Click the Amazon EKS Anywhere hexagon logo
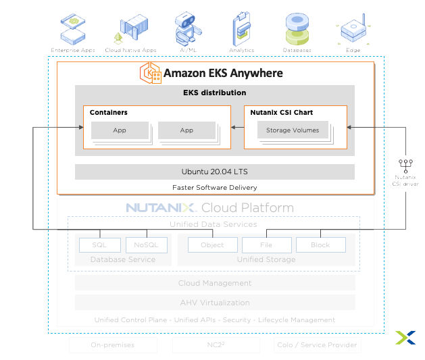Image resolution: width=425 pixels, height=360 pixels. tap(151, 73)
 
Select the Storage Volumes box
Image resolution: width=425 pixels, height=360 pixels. tap(293, 130)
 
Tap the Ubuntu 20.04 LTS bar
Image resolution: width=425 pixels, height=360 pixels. tap(214, 172)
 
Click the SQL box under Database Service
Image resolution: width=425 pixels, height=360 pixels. tap(99, 245)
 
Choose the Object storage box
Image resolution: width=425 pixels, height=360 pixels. tap(212, 245)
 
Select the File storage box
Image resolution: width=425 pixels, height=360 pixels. tap(266, 245)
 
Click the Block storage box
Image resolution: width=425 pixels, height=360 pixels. tap(320, 245)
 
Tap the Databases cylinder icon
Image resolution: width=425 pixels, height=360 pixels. tap(297, 28)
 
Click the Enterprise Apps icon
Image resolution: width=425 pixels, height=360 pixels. tap(73, 28)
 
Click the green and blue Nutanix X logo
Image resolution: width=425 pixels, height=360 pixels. tap(405, 338)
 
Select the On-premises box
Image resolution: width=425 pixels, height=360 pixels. tap(112, 345)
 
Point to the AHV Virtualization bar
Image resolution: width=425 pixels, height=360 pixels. tap(214, 303)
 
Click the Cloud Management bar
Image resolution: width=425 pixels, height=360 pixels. tap(214, 283)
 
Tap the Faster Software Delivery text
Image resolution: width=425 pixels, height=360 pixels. tap(214, 187)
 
